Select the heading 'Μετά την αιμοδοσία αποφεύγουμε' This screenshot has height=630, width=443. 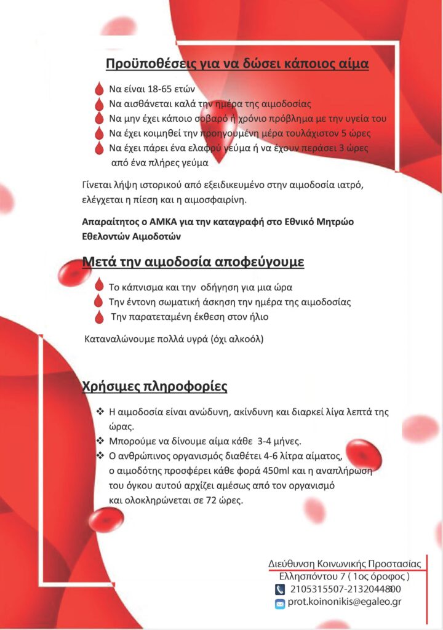pos(193,263)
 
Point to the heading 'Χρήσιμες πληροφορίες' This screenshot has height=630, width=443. pos(155,387)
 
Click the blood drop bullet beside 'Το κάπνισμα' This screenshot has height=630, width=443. pos(99,286)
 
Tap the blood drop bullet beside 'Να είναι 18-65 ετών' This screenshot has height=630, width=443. pos(99,89)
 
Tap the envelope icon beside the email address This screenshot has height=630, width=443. pos(280,604)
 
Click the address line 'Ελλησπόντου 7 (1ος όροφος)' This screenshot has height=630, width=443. pos(345,576)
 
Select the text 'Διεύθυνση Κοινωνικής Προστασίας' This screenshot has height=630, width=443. pos(345,564)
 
